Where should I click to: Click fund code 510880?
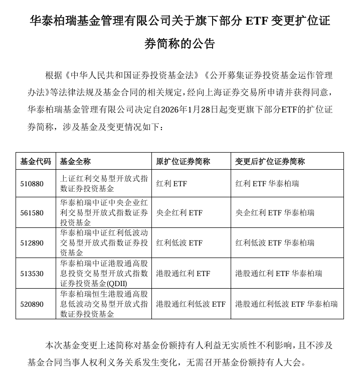(32, 184)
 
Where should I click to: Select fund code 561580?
(32, 213)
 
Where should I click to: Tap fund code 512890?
(32, 243)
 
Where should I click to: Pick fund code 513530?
(32, 274)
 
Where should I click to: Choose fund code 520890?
(32, 304)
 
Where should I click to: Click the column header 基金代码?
(35, 162)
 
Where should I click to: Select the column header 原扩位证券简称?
(183, 162)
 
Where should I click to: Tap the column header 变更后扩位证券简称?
(270, 162)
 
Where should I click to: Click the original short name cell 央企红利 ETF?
(179, 213)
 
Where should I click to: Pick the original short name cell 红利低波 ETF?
(179, 243)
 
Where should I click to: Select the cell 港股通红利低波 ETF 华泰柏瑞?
(286, 304)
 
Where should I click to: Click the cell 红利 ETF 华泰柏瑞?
(267, 184)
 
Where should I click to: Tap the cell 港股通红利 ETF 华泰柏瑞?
(279, 274)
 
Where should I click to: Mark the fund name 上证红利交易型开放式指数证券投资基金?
(104, 184)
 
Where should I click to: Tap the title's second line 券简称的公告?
(179, 44)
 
